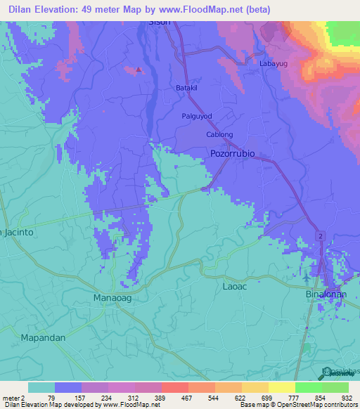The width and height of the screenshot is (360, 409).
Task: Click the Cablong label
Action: pos(219,134)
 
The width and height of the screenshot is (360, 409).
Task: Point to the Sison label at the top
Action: pos(160,22)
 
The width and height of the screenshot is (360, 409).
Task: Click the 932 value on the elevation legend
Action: pos(347,398)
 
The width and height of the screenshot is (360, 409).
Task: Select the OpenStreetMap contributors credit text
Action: pos(309,405)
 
